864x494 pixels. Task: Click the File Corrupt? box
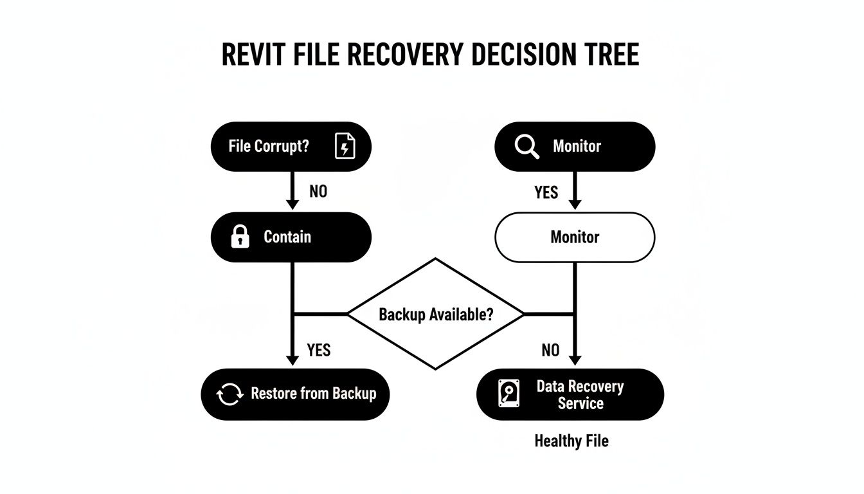tap(291, 147)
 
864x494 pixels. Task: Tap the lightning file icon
tap(345, 147)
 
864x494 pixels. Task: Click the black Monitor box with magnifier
tap(575, 147)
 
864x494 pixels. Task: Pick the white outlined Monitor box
tap(575, 237)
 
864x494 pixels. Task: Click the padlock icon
tap(240, 237)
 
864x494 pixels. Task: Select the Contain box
tap(291, 237)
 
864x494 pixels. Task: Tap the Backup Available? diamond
tap(436, 315)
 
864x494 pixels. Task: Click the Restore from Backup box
tap(296, 394)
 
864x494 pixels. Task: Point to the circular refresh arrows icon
tap(230, 394)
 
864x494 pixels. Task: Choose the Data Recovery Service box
tap(570, 394)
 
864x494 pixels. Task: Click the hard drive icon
tap(509, 394)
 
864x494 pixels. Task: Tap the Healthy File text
tap(571, 441)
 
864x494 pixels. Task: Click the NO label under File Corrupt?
tap(318, 192)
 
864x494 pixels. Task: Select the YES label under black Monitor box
tap(546, 192)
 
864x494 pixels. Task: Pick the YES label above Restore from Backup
tap(319, 350)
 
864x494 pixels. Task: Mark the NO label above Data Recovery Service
tap(550, 350)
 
